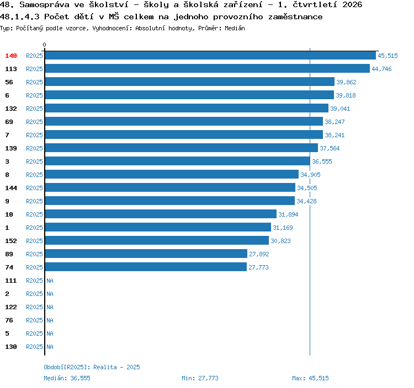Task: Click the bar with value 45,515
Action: (x=210, y=55)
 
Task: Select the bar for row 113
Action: (x=207, y=68)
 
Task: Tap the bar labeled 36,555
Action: (x=177, y=161)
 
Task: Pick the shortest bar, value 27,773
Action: (x=146, y=267)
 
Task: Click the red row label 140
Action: (x=11, y=56)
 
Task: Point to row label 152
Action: (x=11, y=241)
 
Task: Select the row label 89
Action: (x=9, y=254)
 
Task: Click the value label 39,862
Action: (x=346, y=82)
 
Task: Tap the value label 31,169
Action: (x=283, y=228)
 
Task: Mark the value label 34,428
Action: (x=306, y=201)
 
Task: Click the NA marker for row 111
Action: (x=50, y=281)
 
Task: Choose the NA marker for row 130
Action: (x=50, y=347)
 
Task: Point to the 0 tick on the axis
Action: (x=44, y=45)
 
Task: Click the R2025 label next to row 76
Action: (x=34, y=320)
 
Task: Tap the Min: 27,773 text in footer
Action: (x=200, y=378)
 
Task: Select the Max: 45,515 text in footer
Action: (x=310, y=378)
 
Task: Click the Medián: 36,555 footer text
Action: (x=67, y=378)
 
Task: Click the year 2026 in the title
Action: (x=352, y=5)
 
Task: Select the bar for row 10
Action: (x=161, y=214)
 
